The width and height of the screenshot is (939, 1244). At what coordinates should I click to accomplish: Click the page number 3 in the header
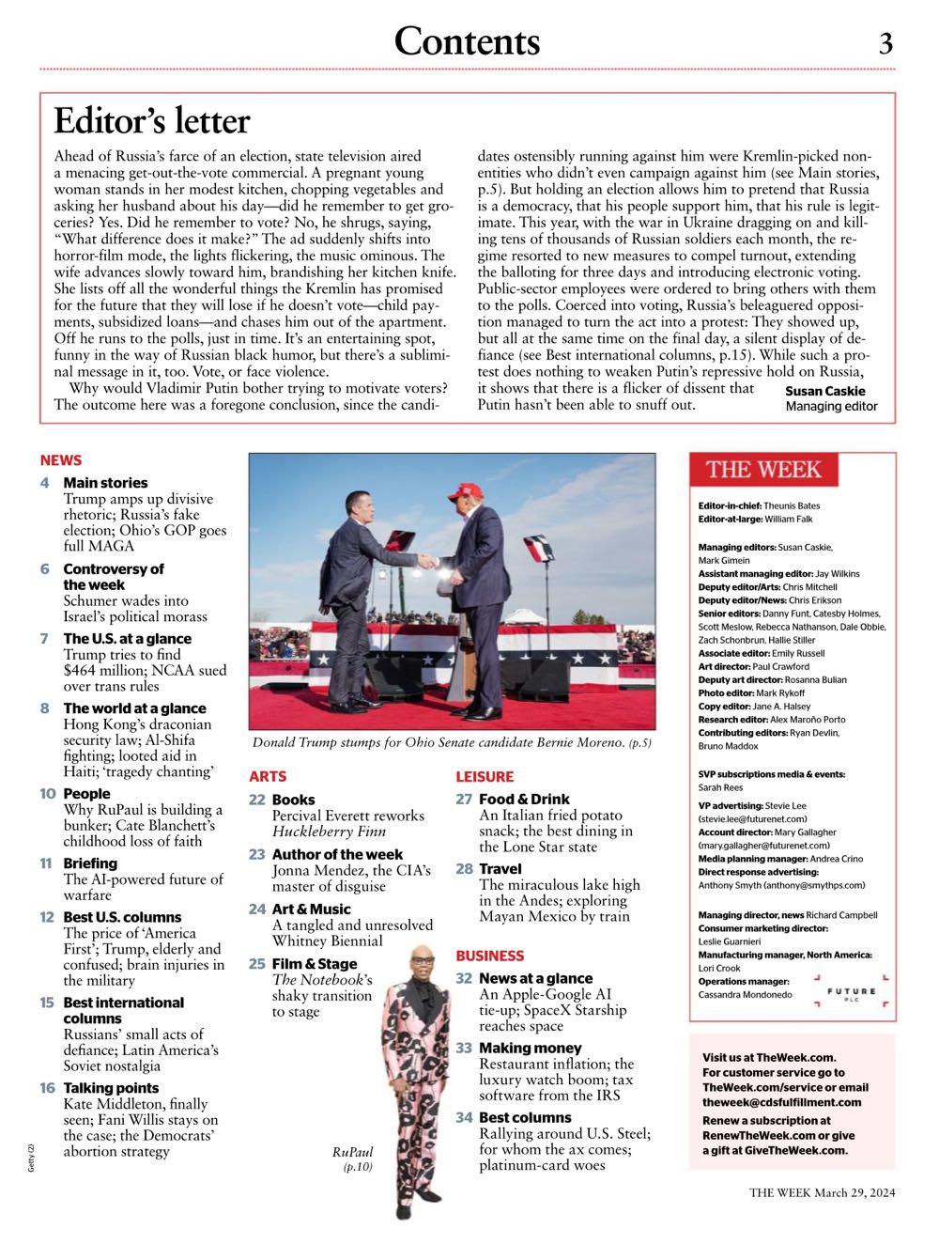click(885, 43)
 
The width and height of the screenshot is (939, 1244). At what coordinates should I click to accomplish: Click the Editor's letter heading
click(152, 121)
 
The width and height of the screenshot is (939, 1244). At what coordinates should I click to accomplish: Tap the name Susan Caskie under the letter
click(825, 391)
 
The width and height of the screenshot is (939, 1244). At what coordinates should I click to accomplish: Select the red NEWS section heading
click(61, 460)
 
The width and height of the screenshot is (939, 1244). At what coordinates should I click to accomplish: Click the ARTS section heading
click(268, 777)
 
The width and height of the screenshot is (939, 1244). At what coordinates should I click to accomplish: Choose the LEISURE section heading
click(485, 777)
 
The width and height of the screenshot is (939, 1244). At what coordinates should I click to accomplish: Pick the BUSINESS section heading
click(490, 956)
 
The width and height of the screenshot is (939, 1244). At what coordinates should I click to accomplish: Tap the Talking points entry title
click(111, 1088)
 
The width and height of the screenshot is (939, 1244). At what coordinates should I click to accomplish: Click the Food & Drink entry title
click(524, 800)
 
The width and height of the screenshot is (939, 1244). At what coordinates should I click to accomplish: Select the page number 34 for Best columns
click(464, 1118)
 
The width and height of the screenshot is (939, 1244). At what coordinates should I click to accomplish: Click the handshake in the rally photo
click(428, 561)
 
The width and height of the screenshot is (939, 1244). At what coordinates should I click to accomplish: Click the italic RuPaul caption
click(352, 1153)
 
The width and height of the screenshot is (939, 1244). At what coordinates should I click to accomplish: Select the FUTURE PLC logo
click(851, 994)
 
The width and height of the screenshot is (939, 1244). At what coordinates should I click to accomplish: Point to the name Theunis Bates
click(792, 505)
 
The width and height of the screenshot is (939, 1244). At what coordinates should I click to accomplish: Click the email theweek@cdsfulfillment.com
click(781, 1102)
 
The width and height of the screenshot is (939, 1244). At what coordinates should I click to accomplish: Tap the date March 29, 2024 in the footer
click(854, 1193)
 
